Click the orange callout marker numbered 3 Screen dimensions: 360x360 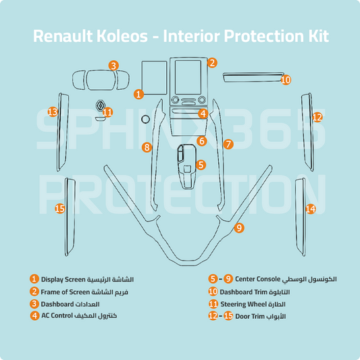point(113,66)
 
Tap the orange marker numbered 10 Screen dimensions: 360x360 point(286,80)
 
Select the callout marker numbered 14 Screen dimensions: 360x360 point(310,209)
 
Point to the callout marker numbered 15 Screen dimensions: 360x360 point(59,209)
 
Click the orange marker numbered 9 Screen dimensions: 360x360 point(238,228)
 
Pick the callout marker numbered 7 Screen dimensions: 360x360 point(228,144)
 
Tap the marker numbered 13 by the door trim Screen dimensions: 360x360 point(53,111)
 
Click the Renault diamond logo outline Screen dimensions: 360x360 point(99,106)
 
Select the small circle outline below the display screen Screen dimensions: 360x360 point(145,119)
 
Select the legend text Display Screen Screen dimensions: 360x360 point(63,279)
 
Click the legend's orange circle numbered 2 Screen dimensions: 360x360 point(34,291)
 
